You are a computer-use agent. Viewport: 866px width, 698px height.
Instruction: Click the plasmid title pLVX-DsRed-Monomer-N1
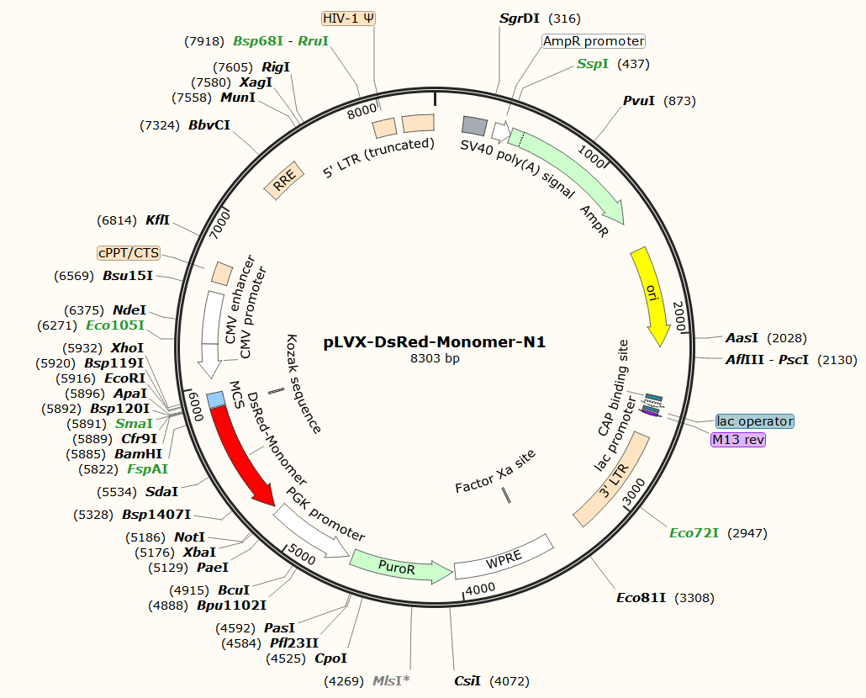(x=435, y=342)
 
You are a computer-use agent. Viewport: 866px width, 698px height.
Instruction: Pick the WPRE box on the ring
(x=503, y=557)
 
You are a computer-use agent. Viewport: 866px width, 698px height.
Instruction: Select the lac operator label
(x=754, y=420)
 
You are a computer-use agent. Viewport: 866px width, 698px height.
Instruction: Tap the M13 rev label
(x=737, y=439)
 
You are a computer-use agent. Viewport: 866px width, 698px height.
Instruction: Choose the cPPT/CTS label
(x=129, y=253)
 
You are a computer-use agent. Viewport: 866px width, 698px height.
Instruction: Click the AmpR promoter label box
(x=594, y=40)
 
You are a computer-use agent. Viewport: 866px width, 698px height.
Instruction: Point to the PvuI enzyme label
(x=639, y=101)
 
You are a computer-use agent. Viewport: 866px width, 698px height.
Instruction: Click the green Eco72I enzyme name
(x=694, y=533)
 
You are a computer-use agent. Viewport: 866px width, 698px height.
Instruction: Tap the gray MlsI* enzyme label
(x=391, y=679)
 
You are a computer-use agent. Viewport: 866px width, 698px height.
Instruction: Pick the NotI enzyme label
(x=189, y=537)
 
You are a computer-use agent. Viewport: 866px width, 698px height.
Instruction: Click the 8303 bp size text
(x=435, y=358)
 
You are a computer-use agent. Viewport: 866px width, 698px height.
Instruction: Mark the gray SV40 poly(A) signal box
(x=475, y=126)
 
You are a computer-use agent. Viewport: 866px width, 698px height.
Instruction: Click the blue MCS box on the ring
(x=215, y=399)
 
